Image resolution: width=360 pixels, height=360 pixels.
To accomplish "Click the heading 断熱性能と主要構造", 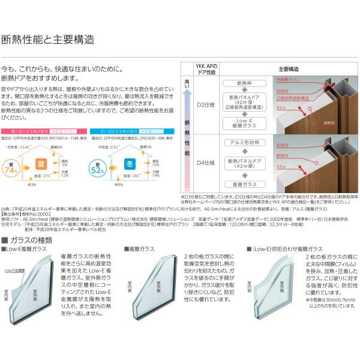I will tap(49, 40).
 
